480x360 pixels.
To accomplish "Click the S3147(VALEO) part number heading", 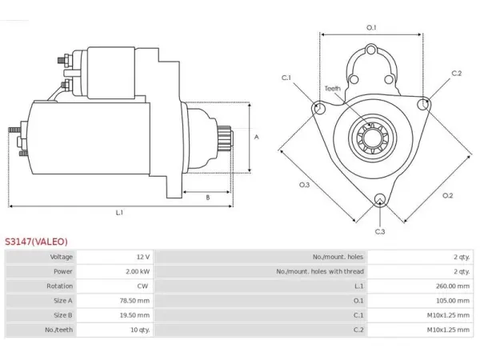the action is coord(36,242).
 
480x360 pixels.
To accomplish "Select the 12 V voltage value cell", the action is coord(143,257).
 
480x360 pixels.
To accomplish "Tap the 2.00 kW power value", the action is coord(138,271).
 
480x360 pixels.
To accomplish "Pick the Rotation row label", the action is coord(60,286).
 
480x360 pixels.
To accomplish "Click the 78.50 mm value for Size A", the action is coord(134,301).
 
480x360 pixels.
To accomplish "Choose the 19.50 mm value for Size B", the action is coord(134,315).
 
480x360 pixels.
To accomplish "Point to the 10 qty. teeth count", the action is coord(140,330).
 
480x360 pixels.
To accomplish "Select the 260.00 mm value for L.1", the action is coord(453,286).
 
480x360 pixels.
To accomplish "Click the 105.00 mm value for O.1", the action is coord(453,301).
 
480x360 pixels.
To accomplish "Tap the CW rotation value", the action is coord(142,286).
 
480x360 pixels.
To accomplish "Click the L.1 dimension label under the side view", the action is coord(119,212).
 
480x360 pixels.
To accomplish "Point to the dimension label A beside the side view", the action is coord(257,137).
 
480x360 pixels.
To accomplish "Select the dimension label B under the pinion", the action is coord(208,198).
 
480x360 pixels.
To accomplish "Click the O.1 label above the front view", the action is coord(371,27).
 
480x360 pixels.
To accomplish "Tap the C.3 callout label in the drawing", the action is coord(380,231).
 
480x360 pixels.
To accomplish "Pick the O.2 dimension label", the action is coord(447,195).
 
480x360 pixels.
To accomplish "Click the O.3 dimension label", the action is coord(304,185).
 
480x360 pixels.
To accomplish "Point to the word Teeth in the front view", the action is coord(333,89).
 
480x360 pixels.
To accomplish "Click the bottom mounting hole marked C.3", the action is coord(380,199).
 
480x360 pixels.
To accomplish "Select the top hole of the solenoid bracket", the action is coord(371,50).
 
